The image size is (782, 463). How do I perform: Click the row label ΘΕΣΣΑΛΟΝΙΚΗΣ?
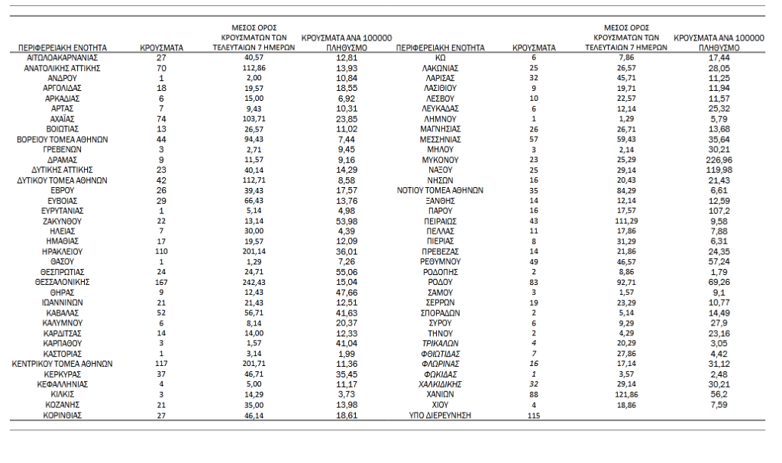pos(62,281)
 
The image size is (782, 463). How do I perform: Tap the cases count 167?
pos(161,281)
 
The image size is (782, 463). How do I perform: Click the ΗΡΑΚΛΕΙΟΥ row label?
pos(62,250)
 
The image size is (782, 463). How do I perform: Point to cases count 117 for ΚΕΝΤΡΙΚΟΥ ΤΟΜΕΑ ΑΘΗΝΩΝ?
pos(161,364)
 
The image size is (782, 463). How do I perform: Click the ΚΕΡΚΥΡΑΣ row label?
pos(62,374)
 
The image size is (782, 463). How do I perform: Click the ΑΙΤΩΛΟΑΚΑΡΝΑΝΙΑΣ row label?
pos(62,57)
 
